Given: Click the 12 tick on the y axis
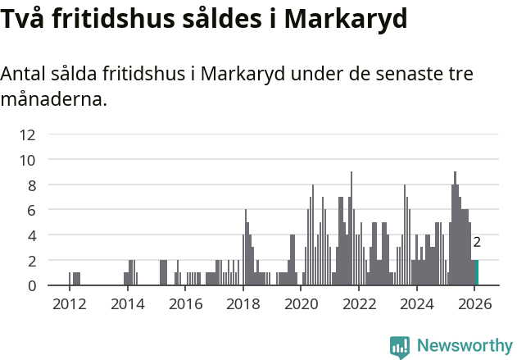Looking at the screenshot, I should pos(27,134).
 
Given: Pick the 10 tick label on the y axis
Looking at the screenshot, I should pos(27,160).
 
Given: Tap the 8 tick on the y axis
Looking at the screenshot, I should pos(31,185).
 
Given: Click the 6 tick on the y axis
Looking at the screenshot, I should pos(31,210).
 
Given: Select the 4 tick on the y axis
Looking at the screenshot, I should pos(31,235).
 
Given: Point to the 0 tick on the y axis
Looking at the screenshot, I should pos(31,285).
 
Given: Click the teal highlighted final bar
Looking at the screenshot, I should pos(478,273).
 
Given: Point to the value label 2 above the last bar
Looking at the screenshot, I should pos(477,243).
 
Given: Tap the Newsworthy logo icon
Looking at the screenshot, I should pos(400,347).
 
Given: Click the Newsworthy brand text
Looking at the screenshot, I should pos(464,346).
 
